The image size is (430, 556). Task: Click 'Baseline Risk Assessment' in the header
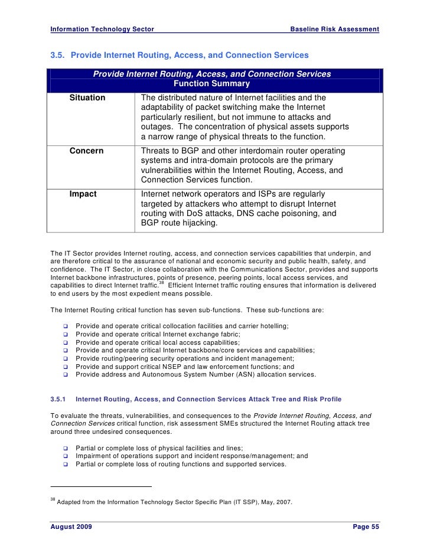[x=335, y=29]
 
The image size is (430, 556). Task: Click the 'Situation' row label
[x=87, y=97]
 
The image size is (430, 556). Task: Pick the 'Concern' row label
[x=86, y=151]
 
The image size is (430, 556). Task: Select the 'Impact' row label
[x=83, y=194]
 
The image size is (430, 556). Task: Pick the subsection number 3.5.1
[x=60, y=398]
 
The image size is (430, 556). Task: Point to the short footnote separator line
[x=101, y=486]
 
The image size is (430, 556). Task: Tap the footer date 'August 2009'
[x=71, y=526]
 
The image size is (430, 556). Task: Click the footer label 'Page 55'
[x=366, y=526]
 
